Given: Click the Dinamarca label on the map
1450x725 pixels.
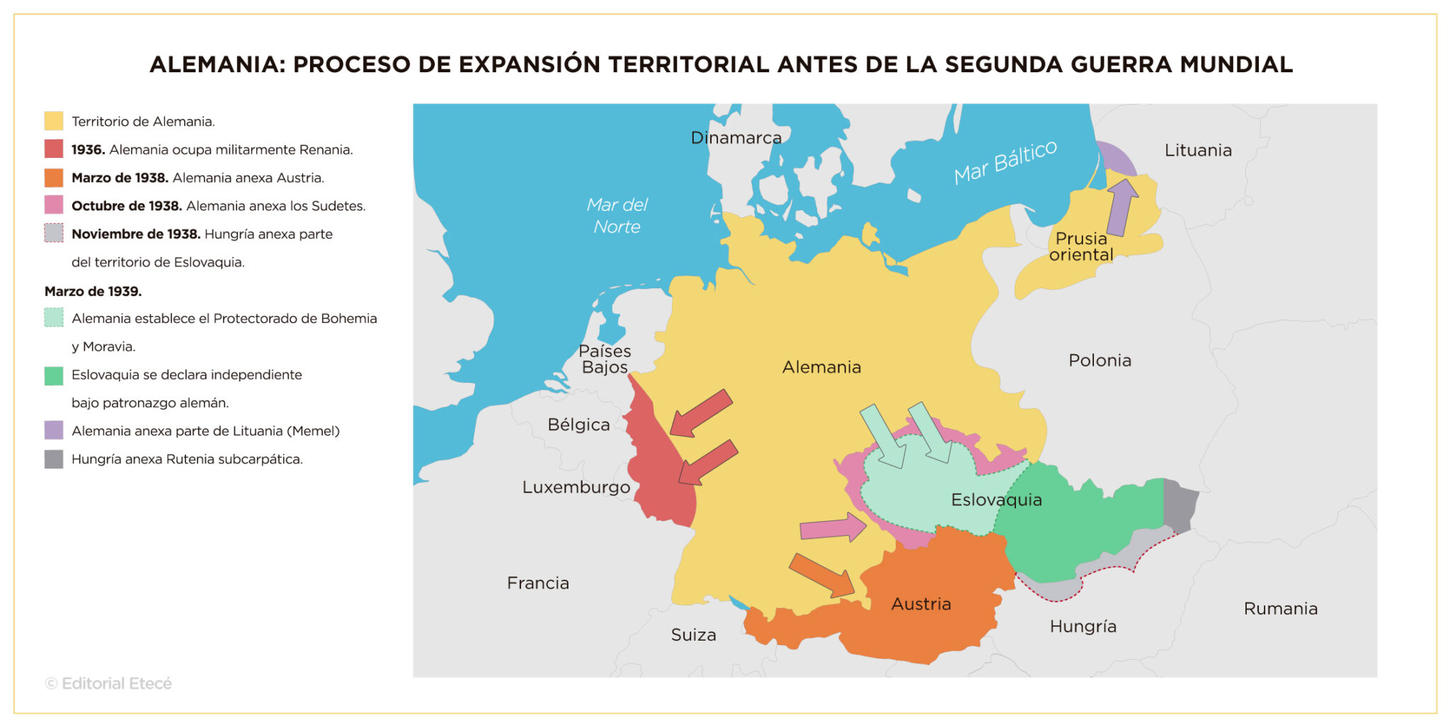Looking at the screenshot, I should tap(736, 137).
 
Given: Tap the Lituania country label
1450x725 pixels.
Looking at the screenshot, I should tap(1198, 150).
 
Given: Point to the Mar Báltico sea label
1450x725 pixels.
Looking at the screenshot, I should tap(1005, 162).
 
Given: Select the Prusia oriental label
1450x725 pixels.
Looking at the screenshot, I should tap(1081, 246).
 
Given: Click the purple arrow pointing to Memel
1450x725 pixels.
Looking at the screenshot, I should tap(1121, 207).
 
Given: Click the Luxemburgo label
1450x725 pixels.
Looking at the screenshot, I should tap(576, 487).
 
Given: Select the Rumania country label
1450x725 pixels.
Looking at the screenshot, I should tap(1281, 609).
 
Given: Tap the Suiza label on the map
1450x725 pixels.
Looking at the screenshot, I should tap(693, 635).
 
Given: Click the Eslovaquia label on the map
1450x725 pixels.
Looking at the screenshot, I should tap(996, 500).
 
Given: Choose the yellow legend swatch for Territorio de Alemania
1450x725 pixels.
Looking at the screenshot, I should tap(54, 121).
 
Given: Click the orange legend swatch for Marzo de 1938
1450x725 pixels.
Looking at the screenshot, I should tap(54, 178).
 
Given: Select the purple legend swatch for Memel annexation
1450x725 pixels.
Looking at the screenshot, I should tap(54, 430).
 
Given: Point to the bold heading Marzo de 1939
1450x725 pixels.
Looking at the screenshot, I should tap(93, 291).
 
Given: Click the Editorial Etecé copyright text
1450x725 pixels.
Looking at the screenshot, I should tap(108, 683).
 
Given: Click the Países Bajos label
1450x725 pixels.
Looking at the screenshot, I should tap(605, 359).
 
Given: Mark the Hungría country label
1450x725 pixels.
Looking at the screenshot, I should tap(1083, 627).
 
